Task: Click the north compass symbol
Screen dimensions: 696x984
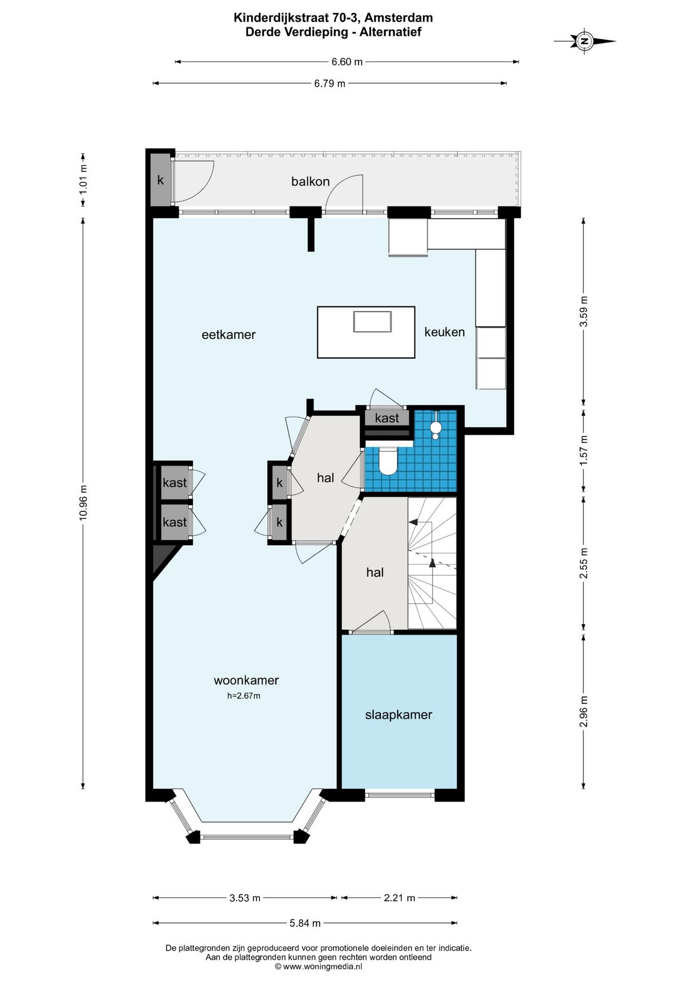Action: click(584, 41)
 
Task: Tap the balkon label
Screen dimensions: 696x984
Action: click(310, 181)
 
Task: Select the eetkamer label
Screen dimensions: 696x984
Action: click(229, 335)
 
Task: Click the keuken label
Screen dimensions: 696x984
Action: click(444, 332)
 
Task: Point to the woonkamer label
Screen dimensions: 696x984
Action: click(246, 680)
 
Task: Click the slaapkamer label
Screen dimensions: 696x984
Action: click(399, 715)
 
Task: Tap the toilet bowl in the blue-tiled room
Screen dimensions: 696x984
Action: click(387, 461)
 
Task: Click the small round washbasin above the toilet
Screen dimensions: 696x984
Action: click(436, 427)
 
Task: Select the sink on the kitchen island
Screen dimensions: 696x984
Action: click(373, 321)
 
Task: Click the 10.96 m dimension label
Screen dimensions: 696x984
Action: click(83, 503)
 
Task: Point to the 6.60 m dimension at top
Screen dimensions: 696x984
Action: click(347, 62)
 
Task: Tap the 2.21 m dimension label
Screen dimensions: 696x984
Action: click(399, 898)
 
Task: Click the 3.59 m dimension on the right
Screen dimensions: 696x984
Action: click(583, 311)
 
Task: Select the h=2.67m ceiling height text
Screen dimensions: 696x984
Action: click(244, 696)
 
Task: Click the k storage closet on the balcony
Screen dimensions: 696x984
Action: click(160, 180)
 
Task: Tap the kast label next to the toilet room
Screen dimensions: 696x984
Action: click(387, 418)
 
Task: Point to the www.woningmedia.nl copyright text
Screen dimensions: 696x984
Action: click(318, 967)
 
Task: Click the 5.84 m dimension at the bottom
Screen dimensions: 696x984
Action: click(305, 924)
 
